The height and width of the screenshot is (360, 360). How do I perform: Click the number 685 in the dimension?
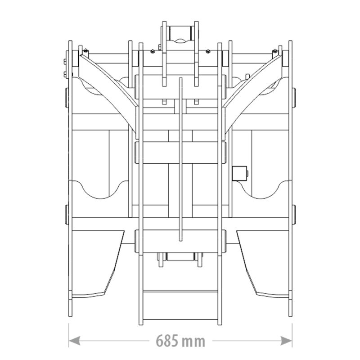click(x=167, y=341)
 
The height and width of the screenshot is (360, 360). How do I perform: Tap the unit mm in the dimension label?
click(x=193, y=342)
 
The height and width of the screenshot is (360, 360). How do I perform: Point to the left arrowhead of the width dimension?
click(x=74, y=341)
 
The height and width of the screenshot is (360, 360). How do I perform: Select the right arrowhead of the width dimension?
click(x=286, y=341)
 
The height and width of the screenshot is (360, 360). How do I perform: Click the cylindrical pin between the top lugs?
click(x=180, y=33)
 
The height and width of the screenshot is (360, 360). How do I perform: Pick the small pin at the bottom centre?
click(x=180, y=257)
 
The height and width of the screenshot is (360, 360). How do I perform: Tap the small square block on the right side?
click(x=239, y=173)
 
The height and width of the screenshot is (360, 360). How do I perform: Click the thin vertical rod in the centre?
click(x=180, y=159)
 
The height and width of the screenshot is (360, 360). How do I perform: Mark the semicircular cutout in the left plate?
click(x=100, y=189)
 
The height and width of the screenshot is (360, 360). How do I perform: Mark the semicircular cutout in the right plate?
click(x=261, y=189)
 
